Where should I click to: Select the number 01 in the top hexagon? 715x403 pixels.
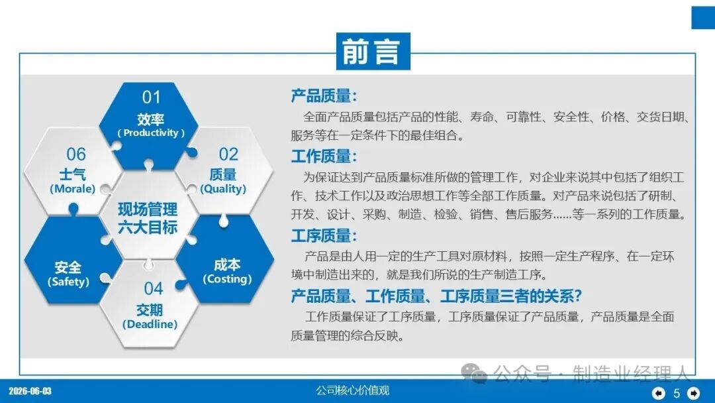(152, 97)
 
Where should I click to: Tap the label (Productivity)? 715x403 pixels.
(151, 133)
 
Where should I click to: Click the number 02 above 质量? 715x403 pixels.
(228, 154)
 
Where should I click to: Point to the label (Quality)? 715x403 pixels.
(223, 189)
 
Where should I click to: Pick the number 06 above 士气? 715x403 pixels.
(76, 154)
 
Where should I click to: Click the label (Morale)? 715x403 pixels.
(73, 189)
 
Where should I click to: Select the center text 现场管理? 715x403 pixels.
(148, 209)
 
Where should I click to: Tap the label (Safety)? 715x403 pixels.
(68, 282)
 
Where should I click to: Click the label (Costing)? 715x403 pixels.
(227, 279)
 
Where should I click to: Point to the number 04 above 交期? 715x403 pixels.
(153, 288)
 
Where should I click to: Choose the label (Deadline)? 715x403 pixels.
(150, 324)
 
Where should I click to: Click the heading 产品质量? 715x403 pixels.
(324, 96)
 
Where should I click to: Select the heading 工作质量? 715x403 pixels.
(324, 156)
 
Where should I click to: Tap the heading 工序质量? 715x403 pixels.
(324, 235)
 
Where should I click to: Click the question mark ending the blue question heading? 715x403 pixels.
(578, 296)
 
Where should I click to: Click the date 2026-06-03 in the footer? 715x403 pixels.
(30, 391)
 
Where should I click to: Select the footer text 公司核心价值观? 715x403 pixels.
(353, 390)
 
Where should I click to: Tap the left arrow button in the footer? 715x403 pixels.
(659, 392)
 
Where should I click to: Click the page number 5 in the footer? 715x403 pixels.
(677, 393)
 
